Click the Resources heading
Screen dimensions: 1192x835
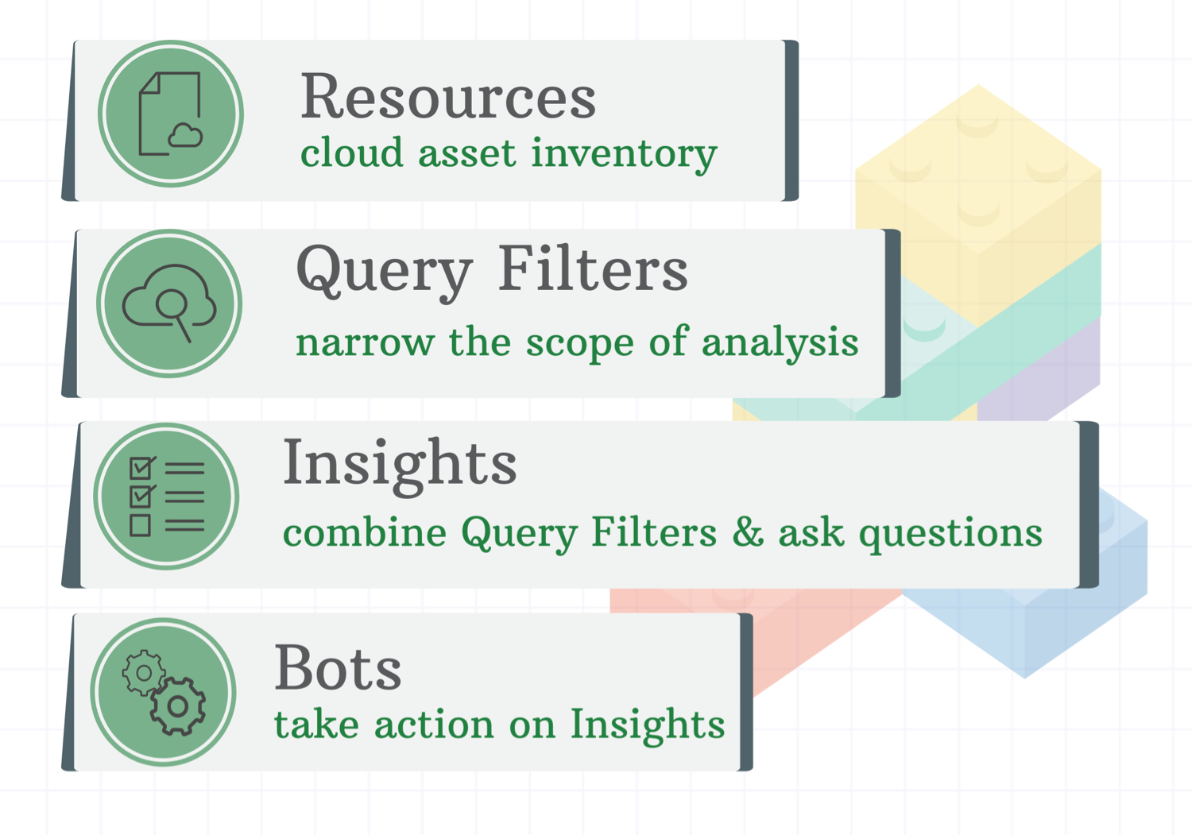pos(448,96)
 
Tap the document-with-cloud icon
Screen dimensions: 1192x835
pos(171,114)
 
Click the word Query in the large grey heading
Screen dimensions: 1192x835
pos(384,273)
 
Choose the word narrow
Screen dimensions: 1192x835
pos(365,343)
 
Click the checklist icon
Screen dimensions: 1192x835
pos(167,496)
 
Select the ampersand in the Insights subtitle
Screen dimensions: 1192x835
pos(748,532)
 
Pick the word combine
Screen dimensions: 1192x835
pos(365,532)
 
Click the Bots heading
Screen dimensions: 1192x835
pos(338,667)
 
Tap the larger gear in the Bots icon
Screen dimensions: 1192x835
pos(177,706)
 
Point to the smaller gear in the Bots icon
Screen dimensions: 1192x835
pos(144,673)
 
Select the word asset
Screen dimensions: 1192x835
pos(467,154)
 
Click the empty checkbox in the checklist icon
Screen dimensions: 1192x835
pos(140,525)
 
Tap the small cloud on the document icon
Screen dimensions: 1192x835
pos(185,135)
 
